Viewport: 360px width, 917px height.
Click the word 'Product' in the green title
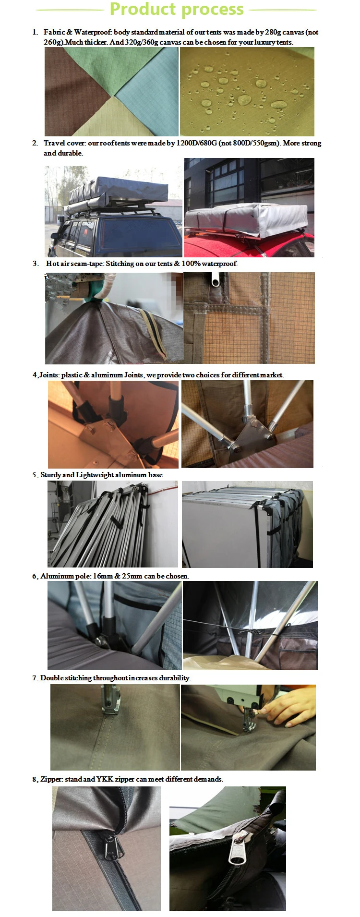(143, 9)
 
